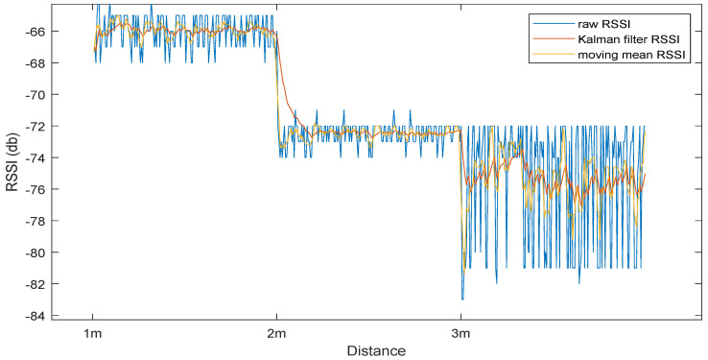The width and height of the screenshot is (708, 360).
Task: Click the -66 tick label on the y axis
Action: [x=45, y=32]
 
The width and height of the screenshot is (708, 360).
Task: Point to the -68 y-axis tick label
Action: [x=45, y=63]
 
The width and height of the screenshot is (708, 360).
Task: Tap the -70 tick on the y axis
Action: [x=45, y=95]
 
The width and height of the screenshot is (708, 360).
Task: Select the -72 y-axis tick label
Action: [x=45, y=127]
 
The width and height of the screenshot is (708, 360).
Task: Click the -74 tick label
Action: [x=45, y=157]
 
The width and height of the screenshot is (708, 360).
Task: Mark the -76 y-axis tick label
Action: [x=45, y=189]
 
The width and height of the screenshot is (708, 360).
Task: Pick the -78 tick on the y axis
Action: [x=45, y=221]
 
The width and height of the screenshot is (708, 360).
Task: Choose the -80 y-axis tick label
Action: [x=45, y=252]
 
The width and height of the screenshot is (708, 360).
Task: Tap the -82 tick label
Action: [x=45, y=284]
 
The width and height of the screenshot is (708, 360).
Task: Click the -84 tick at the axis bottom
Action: [x=45, y=316]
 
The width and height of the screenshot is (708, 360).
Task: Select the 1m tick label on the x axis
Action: [x=93, y=333]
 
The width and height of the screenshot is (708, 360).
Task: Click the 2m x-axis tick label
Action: [x=277, y=333]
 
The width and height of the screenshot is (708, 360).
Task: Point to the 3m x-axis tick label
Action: [x=461, y=333]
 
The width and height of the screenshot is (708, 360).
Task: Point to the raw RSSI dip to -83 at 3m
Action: [x=462, y=299]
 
